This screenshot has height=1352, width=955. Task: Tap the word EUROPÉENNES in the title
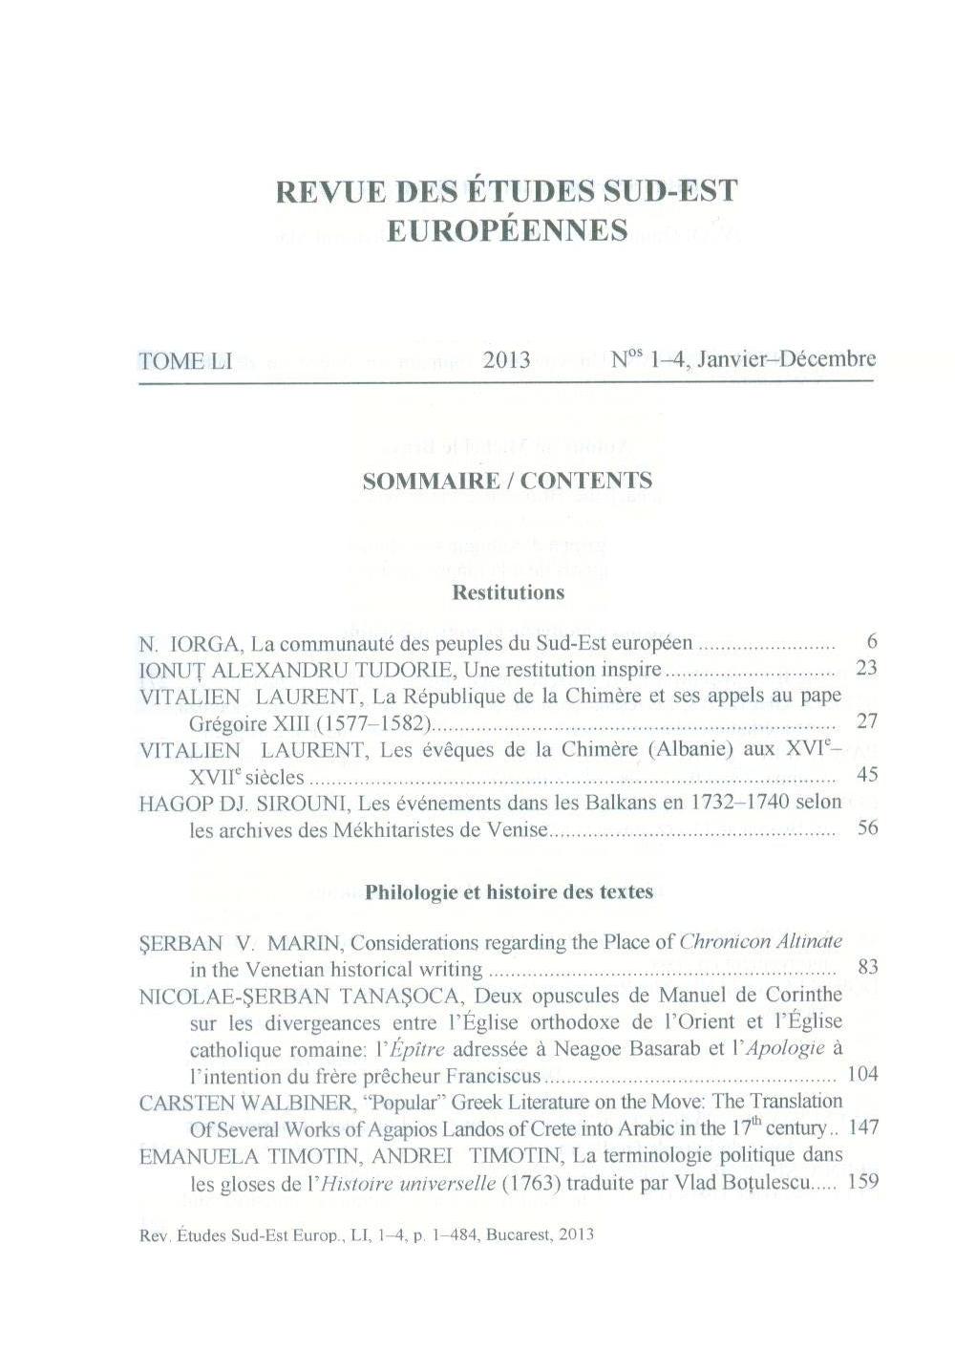click(507, 231)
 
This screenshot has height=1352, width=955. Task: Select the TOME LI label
click(185, 361)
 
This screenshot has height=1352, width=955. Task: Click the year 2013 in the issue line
click(506, 360)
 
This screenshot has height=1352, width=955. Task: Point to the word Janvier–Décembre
click(786, 359)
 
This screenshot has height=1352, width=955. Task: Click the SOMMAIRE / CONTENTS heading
click(507, 481)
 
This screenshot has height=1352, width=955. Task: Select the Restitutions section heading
click(507, 592)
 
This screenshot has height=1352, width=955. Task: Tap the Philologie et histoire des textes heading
click(509, 892)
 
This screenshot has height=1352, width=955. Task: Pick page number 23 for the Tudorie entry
click(866, 668)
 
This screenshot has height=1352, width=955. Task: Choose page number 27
click(866, 721)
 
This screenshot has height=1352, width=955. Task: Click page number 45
click(866, 774)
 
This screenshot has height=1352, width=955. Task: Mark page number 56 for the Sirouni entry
click(867, 827)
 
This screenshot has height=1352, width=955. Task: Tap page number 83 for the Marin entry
click(867, 967)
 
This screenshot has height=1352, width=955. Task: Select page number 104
click(862, 1074)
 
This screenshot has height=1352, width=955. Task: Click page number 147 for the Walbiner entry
click(862, 1127)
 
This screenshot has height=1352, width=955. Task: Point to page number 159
click(862, 1181)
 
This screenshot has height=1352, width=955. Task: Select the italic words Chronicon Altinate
click(760, 942)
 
